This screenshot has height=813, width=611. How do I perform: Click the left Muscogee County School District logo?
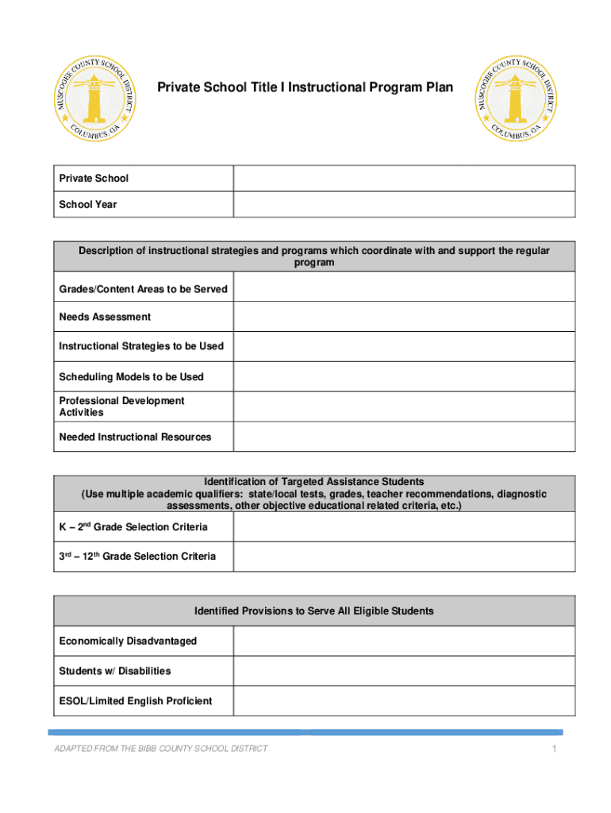(x=94, y=100)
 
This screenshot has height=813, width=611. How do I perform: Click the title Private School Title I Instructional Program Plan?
(x=305, y=87)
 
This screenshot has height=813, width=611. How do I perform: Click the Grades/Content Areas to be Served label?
(x=143, y=289)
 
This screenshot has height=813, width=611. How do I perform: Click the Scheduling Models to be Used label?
(x=131, y=376)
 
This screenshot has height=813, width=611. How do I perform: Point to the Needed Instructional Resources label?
(x=135, y=437)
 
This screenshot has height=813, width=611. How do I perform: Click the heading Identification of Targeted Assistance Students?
(x=314, y=481)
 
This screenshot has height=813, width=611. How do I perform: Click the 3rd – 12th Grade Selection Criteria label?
(x=136, y=556)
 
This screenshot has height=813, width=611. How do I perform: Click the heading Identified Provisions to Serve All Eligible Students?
(x=314, y=611)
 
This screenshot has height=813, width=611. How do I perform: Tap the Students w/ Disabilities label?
(x=114, y=671)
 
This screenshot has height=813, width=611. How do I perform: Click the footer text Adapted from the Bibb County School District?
(x=160, y=749)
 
